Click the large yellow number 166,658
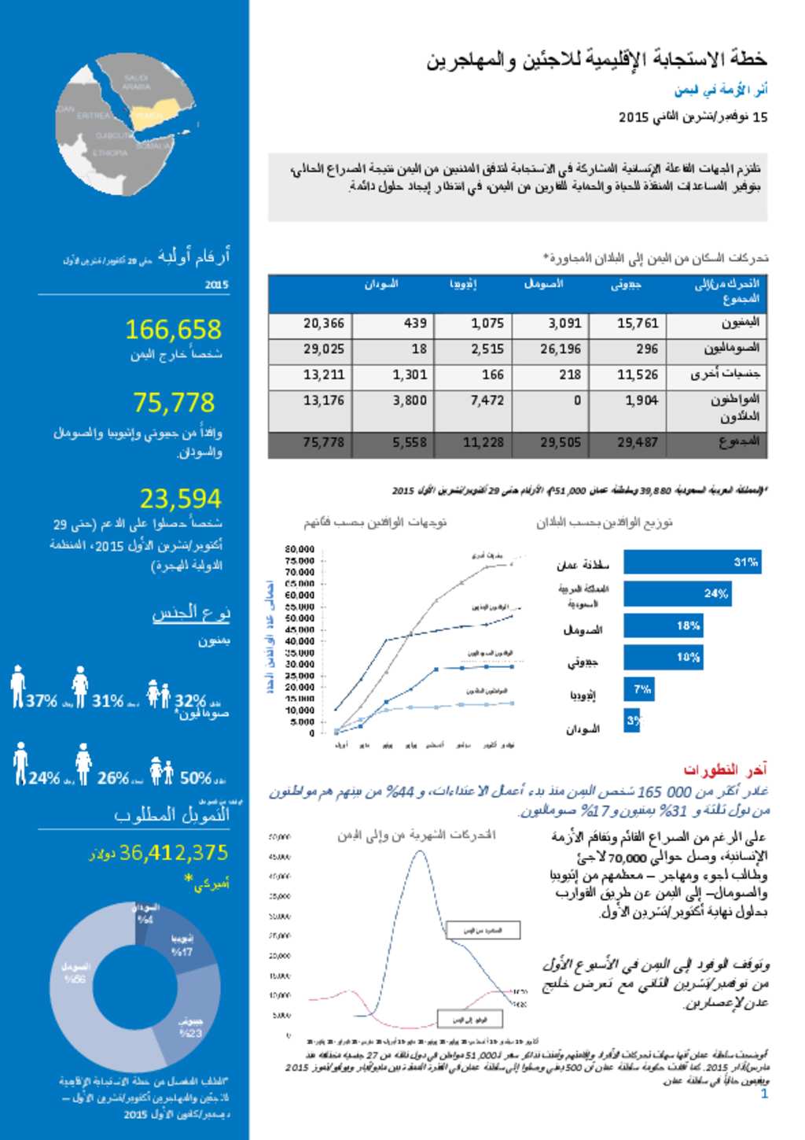coord(173,330)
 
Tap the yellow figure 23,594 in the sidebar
coord(181,499)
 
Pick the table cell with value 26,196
coord(560,349)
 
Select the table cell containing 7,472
coord(487,400)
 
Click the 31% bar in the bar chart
coord(692,562)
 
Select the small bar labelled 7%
coord(638,689)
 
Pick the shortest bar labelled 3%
coord(632,720)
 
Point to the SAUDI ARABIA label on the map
coord(135,83)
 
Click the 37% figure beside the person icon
coord(41,701)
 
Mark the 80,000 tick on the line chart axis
coord(300,549)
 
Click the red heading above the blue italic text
coord(724,769)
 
